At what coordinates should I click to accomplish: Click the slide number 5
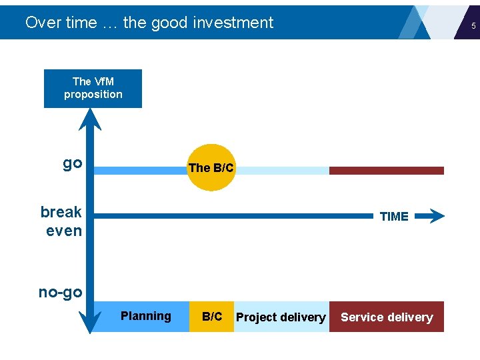[x=473, y=26]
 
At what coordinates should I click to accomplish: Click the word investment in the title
[x=233, y=23]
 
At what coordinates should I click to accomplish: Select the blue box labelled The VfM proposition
[x=93, y=88]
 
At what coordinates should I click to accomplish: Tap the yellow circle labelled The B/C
[x=211, y=168]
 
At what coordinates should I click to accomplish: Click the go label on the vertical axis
[x=72, y=163]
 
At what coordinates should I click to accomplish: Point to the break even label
[x=62, y=221]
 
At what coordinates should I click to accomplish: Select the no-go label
[x=61, y=292]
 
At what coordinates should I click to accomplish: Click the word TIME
[x=393, y=217]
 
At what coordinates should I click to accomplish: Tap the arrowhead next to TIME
[x=434, y=216]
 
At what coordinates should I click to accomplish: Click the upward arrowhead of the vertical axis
[x=89, y=118]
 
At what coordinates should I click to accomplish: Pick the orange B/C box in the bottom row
[x=212, y=317]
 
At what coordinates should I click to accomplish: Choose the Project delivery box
[x=281, y=317]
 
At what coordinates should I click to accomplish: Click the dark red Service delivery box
[x=387, y=317]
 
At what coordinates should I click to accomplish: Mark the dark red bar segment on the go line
[x=387, y=171]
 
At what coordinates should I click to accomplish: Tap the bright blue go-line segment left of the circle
[x=140, y=171]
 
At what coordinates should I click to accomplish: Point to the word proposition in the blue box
[x=93, y=95]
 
